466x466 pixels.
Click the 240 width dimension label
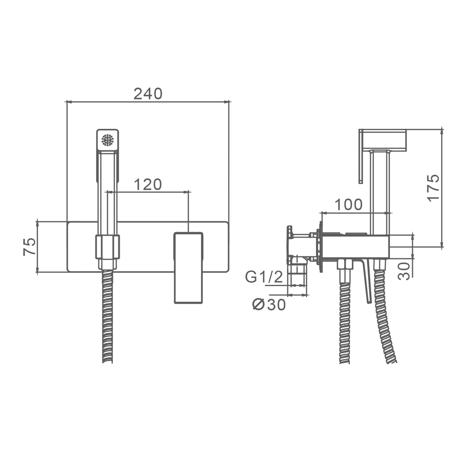click(x=148, y=94)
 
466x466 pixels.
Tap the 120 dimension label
click(x=148, y=185)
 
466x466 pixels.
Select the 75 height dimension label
click(x=29, y=247)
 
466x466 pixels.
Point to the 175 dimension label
click(x=434, y=188)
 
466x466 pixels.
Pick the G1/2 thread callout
click(x=264, y=277)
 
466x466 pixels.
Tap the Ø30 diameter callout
click(x=269, y=304)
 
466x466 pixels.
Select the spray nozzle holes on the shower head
click(x=107, y=140)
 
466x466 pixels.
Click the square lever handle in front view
click(x=188, y=267)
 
